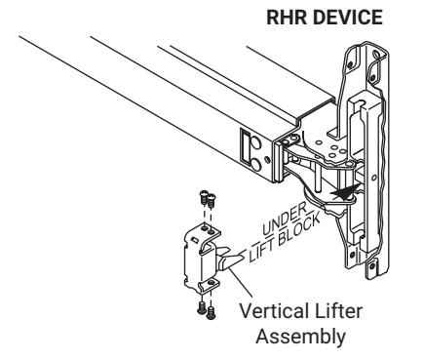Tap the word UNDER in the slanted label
284,219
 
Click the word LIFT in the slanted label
261,251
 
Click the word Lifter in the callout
337,311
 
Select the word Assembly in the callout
301,337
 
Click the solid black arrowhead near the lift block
345,192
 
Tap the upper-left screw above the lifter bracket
204,197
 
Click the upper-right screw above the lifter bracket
212,201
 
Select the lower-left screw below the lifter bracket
202,307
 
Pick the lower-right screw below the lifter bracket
211,312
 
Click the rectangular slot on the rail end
244,144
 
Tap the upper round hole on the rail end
255,143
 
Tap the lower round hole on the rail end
255,164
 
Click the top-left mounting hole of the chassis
350,65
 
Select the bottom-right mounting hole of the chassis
372,266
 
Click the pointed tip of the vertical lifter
243,256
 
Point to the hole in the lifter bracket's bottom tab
212,282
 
